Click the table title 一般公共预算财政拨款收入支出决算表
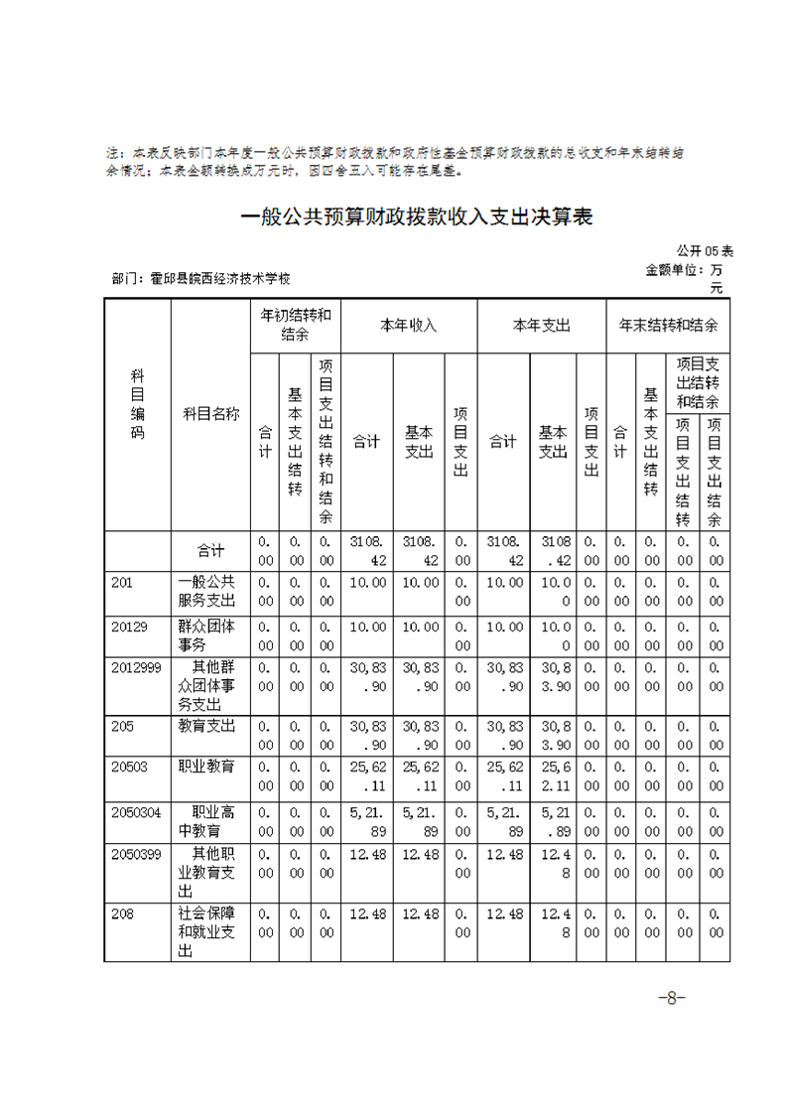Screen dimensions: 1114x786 click(x=417, y=217)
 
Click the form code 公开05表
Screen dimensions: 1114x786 click(x=705, y=251)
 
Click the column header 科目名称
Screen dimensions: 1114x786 click(x=210, y=414)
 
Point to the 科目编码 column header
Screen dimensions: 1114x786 click(x=137, y=403)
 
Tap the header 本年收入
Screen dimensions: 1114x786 click(x=409, y=325)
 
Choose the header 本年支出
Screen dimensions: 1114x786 click(x=541, y=325)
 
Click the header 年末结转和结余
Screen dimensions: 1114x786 click(x=668, y=325)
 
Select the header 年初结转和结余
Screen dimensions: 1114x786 click(x=296, y=325)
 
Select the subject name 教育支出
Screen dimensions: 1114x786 click(x=207, y=726)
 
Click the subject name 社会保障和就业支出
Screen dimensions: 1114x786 click(x=207, y=932)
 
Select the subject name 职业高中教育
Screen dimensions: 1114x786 click(x=207, y=821)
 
